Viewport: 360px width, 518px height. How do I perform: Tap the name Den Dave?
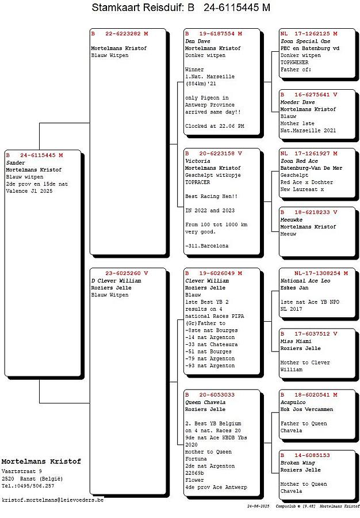click(197, 41)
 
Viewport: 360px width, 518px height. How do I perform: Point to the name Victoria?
click(197, 161)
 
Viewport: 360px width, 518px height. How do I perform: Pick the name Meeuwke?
click(291, 220)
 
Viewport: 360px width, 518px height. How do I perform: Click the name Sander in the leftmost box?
click(16, 163)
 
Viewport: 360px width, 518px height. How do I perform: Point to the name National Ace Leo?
click(305, 280)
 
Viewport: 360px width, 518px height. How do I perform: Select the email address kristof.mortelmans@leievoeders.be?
click(53, 500)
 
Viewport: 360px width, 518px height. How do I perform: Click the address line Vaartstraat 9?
click(22, 471)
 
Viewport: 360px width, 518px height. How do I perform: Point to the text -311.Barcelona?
click(206, 246)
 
